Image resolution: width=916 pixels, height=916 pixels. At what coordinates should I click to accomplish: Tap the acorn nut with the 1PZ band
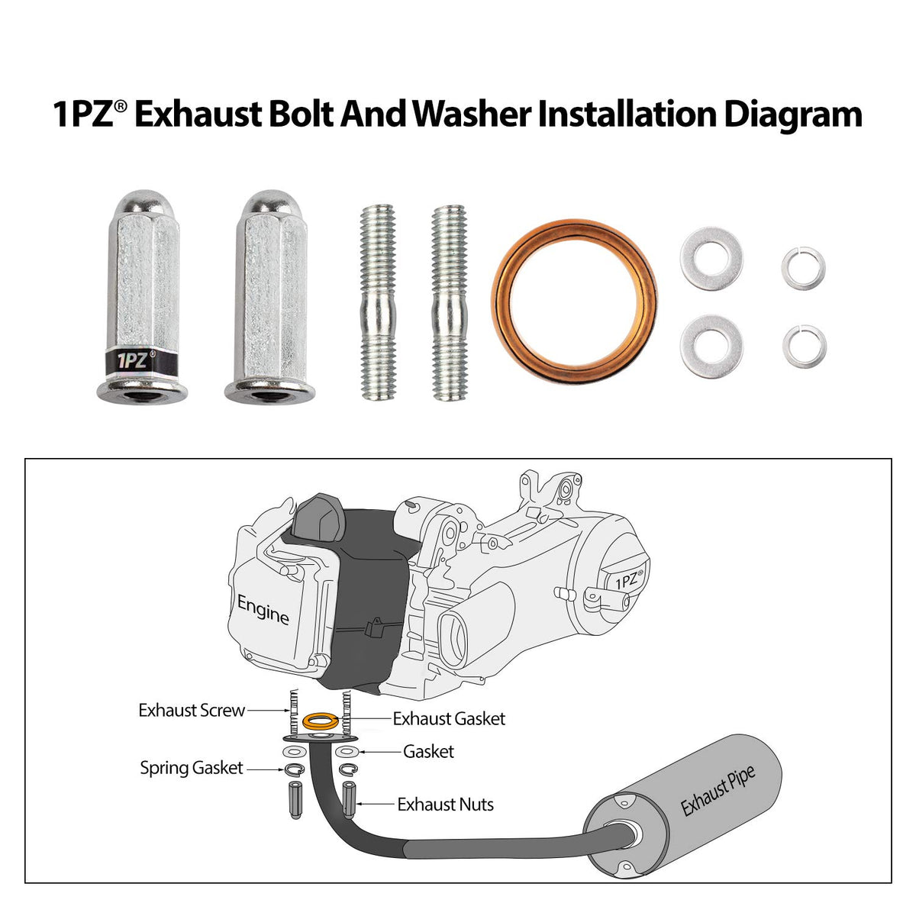click(143, 297)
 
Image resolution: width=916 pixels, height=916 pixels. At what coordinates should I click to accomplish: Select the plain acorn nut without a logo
click(270, 297)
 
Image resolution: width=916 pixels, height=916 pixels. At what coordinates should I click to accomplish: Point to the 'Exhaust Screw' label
click(192, 710)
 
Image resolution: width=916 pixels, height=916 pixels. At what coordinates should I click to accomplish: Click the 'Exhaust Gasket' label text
click(449, 718)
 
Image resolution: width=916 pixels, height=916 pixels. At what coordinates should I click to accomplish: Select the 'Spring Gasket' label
click(192, 768)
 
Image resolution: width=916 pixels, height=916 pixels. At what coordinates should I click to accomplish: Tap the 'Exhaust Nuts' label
click(445, 805)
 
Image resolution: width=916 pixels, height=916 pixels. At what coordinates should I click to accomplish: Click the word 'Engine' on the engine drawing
click(263, 610)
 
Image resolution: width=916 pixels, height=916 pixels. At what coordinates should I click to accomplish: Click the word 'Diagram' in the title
click(793, 115)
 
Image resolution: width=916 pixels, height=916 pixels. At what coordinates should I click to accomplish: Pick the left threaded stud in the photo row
click(378, 302)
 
